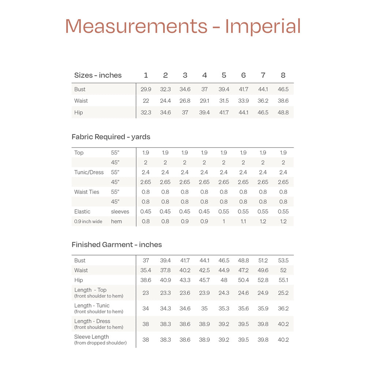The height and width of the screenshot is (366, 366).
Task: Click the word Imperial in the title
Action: click(x=263, y=26)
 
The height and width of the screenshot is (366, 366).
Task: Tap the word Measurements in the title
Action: click(x=137, y=26)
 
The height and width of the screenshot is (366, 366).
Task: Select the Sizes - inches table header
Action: click(x=98, y=75)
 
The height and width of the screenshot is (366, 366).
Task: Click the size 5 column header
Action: click(x=224, y=75)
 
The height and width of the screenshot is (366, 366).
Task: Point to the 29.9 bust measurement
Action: click(x=146, y=89)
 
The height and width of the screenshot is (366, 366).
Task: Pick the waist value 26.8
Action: click(x=185, y=101)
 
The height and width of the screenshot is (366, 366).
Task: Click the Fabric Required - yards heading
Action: click(x=111, y=137)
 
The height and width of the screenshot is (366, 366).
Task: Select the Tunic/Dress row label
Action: click(x=89, y=172)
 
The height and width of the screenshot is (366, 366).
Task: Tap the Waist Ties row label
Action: click(x=86, y=192)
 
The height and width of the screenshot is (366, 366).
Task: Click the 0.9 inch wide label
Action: click(x=88, y=221)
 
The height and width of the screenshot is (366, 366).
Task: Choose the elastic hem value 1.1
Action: click(x=243, y=221)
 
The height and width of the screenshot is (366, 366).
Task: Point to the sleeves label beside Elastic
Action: click(x=120, y=212)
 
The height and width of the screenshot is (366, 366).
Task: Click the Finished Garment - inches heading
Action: click(x=117, y=244)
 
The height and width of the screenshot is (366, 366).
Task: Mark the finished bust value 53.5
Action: click(x=283, y=261)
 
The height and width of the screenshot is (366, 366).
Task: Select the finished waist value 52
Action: click(x=283, y=270)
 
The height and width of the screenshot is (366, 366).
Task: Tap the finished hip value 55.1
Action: click(x=283, y=280)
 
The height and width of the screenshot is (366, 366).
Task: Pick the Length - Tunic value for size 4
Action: click(x=204, y=309)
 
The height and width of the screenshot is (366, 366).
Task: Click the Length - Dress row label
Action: click(x=92, y=321)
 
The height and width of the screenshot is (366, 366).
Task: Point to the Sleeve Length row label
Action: click(x=91, y=337)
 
